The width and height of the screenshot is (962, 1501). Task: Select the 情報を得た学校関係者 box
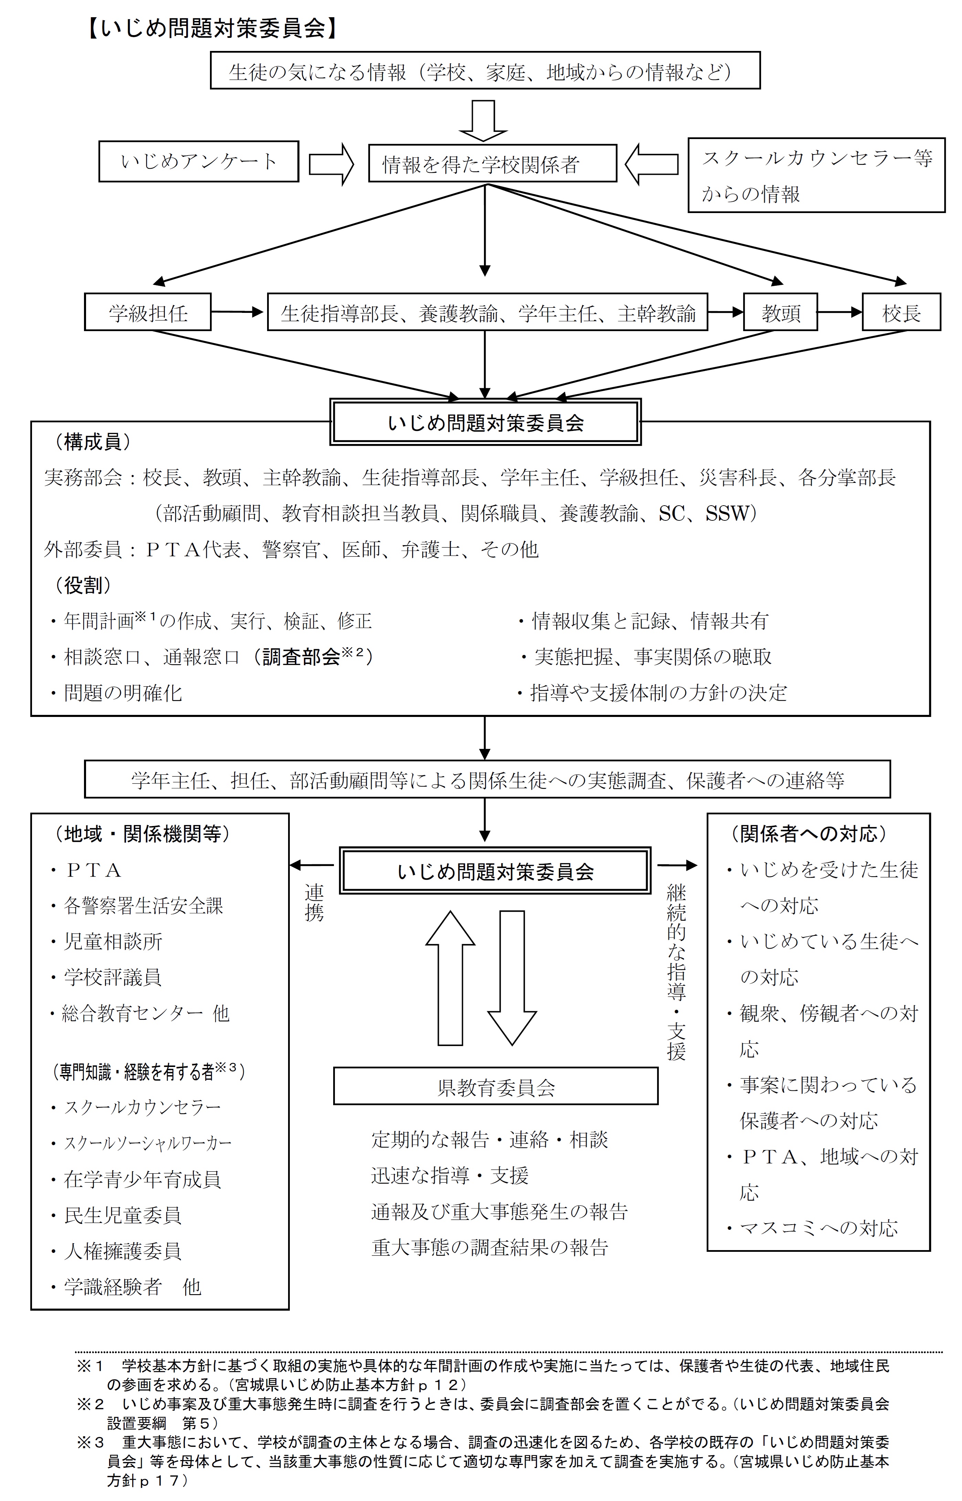click(492, 163)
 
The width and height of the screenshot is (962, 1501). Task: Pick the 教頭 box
click(780, 312)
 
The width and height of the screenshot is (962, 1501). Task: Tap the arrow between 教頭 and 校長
click(839, 312)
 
